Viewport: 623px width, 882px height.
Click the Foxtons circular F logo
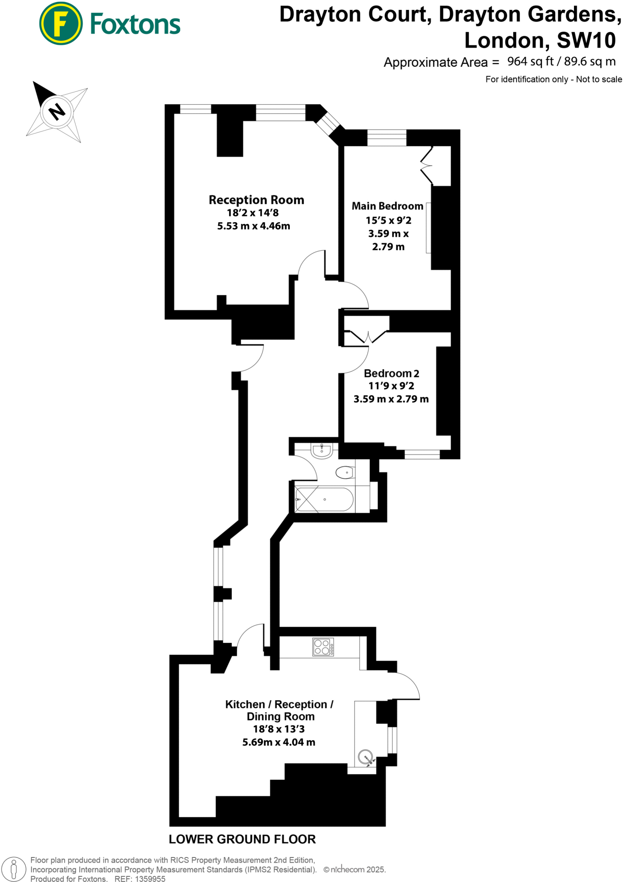tap(61, 23)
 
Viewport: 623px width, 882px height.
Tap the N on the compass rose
tap(57, 112)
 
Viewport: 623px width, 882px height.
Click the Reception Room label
tap(256, 200)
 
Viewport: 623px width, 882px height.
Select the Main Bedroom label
tap(387, 206)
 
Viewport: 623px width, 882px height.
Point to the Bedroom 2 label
tap(391, 373)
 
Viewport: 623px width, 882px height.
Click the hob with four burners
tap(323, 647)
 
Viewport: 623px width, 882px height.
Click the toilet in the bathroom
tap(345, 472)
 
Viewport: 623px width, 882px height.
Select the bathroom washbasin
tap(322, 450)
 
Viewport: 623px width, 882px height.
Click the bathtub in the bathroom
tap(324, 500)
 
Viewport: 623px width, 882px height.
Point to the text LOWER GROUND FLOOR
tap(242, 839)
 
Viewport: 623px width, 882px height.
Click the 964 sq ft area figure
tap(530, 62)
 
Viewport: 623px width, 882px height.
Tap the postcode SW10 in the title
tap(586, 40)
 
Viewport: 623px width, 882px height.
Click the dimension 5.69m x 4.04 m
tap(279, 742)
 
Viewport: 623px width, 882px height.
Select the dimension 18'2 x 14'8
tap(253, 213)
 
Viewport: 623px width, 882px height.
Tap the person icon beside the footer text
tap(13, 869)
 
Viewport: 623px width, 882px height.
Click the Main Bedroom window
tap(387, 138)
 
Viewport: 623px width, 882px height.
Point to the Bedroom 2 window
tap(422, 454)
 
